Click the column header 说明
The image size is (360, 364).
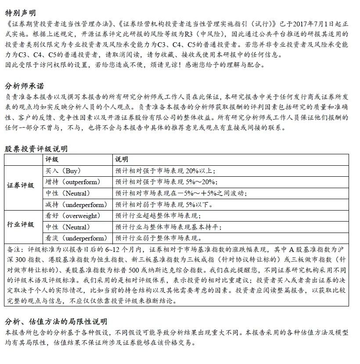tap(122, 159)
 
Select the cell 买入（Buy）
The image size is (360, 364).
tap(63, 171)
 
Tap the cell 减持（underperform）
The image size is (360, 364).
tap(76, 204)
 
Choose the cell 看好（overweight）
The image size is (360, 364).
tap(72, 216)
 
